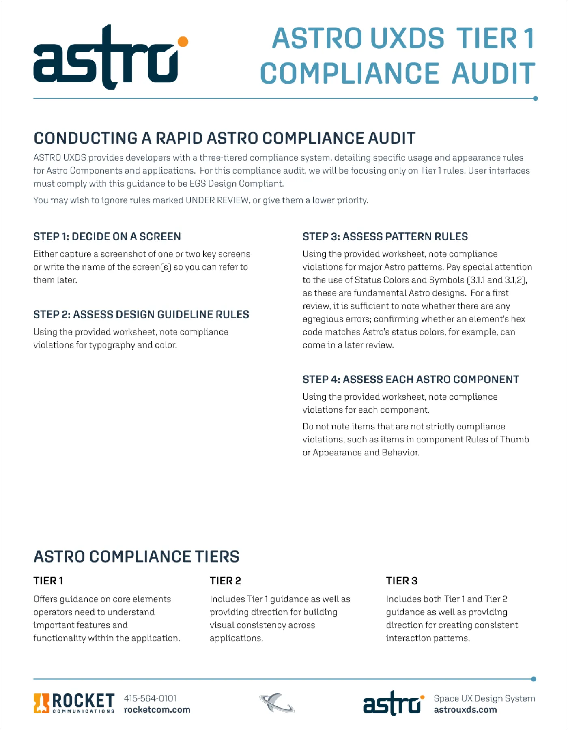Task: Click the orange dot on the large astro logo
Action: pos(183,41)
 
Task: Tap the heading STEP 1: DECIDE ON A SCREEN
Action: pos(107,236)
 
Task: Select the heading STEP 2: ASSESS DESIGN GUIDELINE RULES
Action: pos(141,314)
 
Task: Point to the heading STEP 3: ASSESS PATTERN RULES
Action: pos(385,236)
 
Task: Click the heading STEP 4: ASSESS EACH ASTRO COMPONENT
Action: pos(411,379)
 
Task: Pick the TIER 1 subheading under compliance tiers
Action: pos(48,581)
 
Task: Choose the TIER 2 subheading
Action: pos(225,581)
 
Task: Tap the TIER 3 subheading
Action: pos(402,581)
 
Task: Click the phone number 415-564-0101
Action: pos(150,698)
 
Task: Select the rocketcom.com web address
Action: pos(157,710)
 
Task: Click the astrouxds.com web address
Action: pos(465,710)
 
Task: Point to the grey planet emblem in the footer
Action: pos(277,703)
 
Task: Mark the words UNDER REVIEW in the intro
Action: pos(217,200)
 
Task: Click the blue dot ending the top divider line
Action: pos(535,98)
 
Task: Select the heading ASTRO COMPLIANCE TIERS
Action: pos(136,556)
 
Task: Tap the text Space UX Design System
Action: pos(484,698)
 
